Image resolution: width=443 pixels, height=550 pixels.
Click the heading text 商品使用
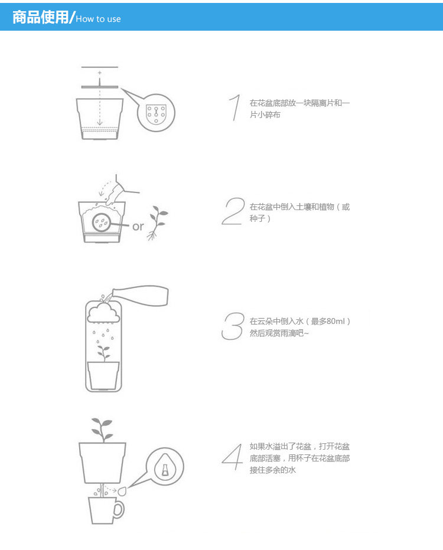[40, 17]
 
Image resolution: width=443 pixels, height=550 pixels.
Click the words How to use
[98, 19]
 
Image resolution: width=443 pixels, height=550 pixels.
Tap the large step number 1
[235, 107]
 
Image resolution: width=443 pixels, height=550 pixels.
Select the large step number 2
[233, 211]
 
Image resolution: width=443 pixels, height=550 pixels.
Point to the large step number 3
[233, 326]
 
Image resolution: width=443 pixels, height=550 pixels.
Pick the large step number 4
[232, 457]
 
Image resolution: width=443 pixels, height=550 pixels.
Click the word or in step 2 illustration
[138, 227]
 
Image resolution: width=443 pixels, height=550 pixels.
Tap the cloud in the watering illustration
[104, 313]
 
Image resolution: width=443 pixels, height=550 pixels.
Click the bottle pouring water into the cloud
[141, 295]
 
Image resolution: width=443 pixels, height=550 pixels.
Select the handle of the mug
[120, 509]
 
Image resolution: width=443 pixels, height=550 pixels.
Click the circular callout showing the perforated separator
[156, 113]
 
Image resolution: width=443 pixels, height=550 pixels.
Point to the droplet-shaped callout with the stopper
[165, 466]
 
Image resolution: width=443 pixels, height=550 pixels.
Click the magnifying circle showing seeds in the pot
[101, 222]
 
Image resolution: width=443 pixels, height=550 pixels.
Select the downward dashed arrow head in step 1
[100, 122]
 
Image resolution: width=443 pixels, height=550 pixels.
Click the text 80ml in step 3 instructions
[335, 321]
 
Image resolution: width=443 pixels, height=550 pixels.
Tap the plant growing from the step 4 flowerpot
[102, 430]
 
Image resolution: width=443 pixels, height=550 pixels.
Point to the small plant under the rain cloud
[103, 353]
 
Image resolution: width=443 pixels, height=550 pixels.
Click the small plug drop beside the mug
[122, 491]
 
